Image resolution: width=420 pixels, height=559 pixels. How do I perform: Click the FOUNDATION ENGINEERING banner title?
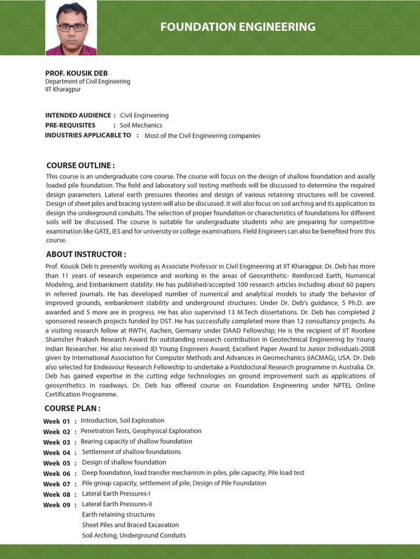pyautogui.click(x=237, y=27)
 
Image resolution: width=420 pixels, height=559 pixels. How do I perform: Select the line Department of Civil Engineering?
pyautogui.click(x=87, y=81)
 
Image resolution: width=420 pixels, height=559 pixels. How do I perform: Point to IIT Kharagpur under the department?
pyautogui.click(x=63, y=90)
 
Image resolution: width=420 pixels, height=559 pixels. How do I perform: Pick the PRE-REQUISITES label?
pyautogui.click(x=70, y=125)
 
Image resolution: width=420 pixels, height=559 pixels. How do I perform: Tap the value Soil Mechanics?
pyautogui.click(x=141, y=126)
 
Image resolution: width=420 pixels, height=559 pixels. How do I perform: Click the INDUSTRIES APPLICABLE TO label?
pyautogui.click(x=88, y=135)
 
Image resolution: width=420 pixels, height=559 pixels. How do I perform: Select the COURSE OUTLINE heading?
pyautogui.click(x=80, y=165)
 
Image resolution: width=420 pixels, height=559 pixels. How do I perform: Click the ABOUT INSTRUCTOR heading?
pyautogui.click(x=86, y=254)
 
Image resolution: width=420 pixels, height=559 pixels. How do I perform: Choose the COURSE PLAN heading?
pyautogui.click(x=72, y=408)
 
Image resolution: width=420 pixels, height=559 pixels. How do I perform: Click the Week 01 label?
pyautogui.click(x=57, y=421)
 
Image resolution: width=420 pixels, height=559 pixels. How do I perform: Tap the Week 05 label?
pyautogui.click(x=57, y=463)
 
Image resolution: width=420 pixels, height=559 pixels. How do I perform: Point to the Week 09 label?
pyautogui.click(x=57, y=505)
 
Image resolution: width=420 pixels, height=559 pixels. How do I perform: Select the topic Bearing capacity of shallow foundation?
pyautogui.click(x=136, y=442)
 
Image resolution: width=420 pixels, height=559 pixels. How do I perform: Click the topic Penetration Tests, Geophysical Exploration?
pyautogui.click(x=141, y=431)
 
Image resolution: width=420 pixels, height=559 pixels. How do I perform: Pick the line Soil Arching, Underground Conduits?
pyautogui.click(x=133, y=536)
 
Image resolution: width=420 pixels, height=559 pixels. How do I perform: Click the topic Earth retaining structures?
pyautogui.click(x=118, y=515)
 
